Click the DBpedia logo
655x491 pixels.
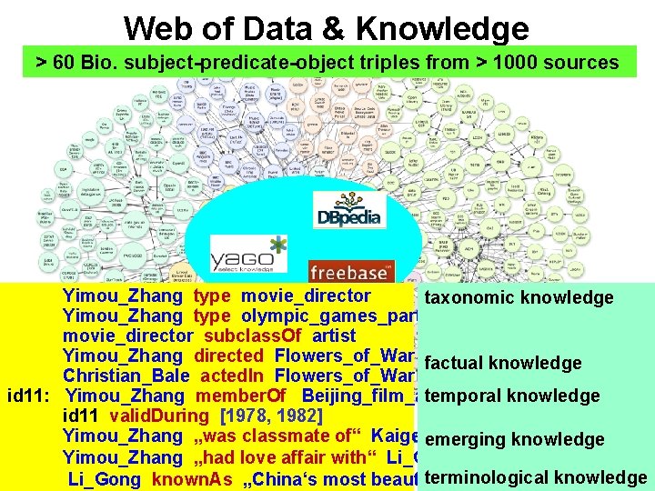coord(349,209)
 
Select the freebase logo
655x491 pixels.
coord(352,271)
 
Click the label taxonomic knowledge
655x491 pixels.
coord(519,297)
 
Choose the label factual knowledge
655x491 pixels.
coord(502,363)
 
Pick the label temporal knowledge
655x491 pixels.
coord(511,396)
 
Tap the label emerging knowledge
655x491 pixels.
coord(514,439)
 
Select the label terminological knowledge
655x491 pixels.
coord(535,477)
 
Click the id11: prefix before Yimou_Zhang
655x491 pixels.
coord(33,396)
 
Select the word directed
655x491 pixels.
coord(228,356)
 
